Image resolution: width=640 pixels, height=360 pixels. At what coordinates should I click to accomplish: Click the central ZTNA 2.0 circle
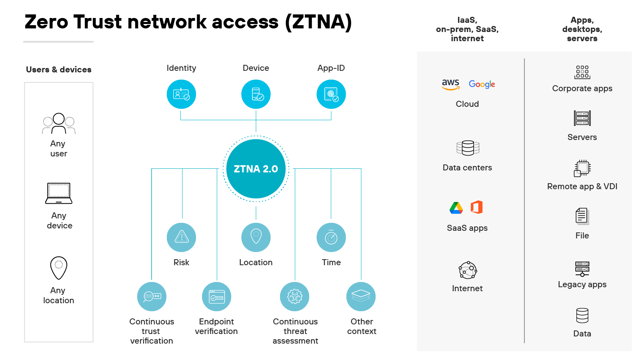coord(256,169)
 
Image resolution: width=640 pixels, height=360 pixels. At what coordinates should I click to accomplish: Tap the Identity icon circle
coord(181,94)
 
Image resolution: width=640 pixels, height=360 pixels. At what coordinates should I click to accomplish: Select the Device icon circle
coord(256,94)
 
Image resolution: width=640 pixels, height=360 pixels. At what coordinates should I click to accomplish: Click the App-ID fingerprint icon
coord(331,94)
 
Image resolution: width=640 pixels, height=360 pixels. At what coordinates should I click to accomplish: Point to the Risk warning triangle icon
coord(182,237)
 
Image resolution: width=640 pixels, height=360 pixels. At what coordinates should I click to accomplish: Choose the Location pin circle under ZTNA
coord(256,237)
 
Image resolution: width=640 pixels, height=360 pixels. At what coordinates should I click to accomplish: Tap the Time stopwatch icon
coord(331,237)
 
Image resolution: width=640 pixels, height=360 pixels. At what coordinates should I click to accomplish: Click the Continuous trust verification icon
coord(152,296)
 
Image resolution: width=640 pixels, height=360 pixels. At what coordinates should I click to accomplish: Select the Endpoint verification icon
coord(217,296)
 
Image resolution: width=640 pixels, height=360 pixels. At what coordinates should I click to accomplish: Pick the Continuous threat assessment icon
coord(295,296)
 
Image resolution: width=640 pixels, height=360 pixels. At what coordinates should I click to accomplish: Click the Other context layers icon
coord(361,296)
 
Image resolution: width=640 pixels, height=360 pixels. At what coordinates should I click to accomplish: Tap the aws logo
coord(450,84)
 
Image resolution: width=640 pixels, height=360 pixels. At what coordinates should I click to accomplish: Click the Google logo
coord(482,84)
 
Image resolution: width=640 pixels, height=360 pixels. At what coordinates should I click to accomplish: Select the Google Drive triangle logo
coord(456,208)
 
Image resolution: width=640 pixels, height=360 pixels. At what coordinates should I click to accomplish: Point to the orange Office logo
coord(477,207)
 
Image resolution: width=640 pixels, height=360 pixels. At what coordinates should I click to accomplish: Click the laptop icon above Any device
coord(59,194)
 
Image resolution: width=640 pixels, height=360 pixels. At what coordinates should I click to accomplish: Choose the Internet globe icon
coord(468,270)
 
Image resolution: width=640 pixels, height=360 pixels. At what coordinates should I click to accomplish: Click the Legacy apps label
coord(582,284)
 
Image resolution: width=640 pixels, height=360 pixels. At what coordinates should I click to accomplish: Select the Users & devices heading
coord(59,70)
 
